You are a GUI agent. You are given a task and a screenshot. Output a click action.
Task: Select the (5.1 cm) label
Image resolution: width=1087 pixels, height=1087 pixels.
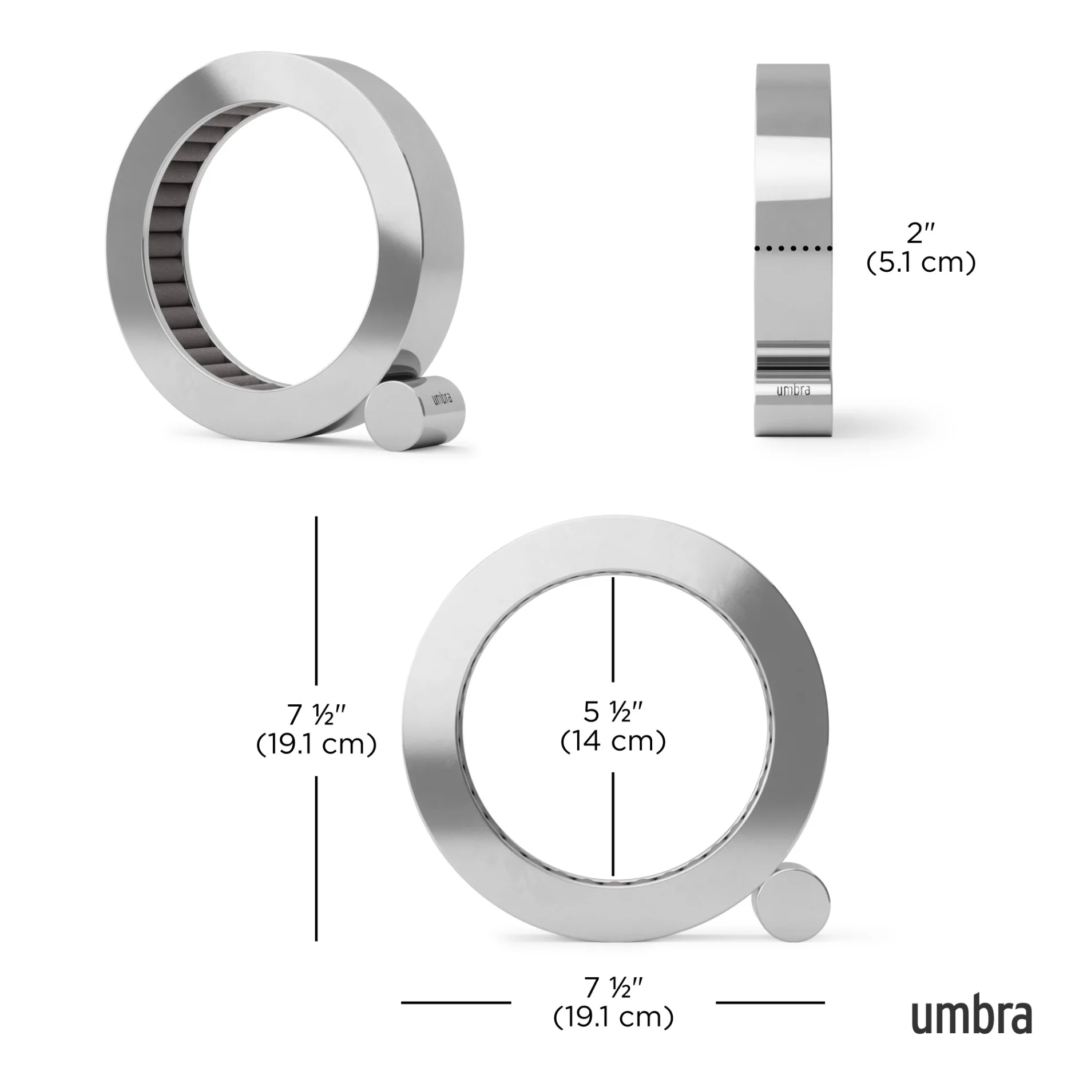(x=921, y=263)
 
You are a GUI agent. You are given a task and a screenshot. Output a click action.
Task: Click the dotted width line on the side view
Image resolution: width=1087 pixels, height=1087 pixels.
(x=793, y=248)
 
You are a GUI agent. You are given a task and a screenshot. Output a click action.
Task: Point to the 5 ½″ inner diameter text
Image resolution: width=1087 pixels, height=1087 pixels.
(x=613, y=712)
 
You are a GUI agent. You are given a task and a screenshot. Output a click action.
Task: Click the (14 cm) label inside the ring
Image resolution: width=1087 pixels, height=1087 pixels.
(x=613, y=741)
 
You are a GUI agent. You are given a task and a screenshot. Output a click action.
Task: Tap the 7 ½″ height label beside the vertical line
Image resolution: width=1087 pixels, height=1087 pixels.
(x=316, y=715)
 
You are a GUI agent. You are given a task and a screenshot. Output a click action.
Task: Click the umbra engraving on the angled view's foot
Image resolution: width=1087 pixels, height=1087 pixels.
(x=442, y=397)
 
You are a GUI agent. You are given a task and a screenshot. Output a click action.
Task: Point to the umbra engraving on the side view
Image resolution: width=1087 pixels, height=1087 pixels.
(x=793, y=390)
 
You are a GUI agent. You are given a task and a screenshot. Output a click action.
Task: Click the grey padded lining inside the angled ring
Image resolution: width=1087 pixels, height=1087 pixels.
(x=172, y=257)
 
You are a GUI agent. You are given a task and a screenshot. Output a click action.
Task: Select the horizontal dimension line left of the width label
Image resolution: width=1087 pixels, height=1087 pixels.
(x=455, y=1002)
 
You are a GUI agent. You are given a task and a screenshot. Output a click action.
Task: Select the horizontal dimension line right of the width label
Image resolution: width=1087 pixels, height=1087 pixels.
(x=770, y=1002)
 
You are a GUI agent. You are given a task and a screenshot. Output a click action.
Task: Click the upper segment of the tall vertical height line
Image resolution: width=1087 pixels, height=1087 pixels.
(x=316, y=601)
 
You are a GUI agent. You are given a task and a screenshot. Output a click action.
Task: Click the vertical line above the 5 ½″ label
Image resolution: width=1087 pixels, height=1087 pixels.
(x=613, y=629)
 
